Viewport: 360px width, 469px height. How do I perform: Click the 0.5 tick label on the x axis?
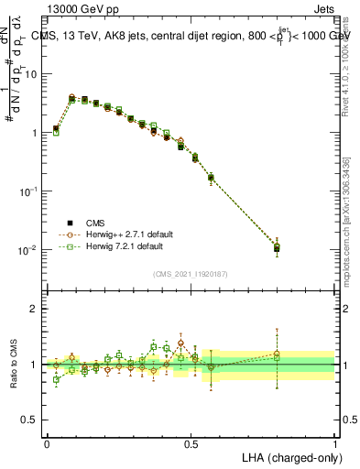click(x=191, y=443)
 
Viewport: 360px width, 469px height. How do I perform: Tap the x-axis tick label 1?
click(x=335, y=443)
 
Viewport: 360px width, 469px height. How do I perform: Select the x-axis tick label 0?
click(x=47, y=443)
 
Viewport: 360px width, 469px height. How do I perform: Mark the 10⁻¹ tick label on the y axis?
click(x=28, y=191)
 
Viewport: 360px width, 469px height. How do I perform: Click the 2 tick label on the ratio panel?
click(x=35, y=309)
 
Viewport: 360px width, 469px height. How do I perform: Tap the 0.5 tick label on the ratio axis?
click(x=30, y=420)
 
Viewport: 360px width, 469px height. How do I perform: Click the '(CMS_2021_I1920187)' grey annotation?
click(x=190, y=273)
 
